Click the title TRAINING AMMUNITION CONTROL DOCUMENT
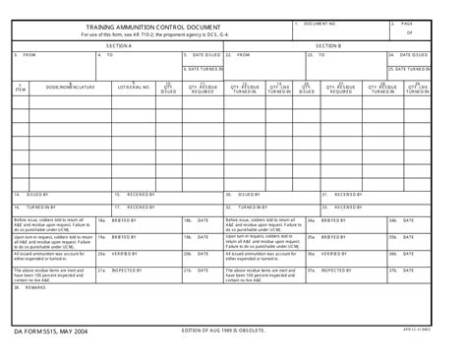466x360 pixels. coord(152,28)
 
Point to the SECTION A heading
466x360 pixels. coord(118,45)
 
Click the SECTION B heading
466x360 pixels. coord(328,45)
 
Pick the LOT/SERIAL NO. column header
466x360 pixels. coord(133,88)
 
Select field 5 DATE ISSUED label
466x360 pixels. coord(205,55)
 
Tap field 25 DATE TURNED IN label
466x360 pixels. coord(410,70)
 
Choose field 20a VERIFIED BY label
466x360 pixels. coord(124,253)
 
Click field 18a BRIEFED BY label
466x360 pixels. coord(124,221)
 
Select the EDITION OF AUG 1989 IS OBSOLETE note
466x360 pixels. coord(224,331)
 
